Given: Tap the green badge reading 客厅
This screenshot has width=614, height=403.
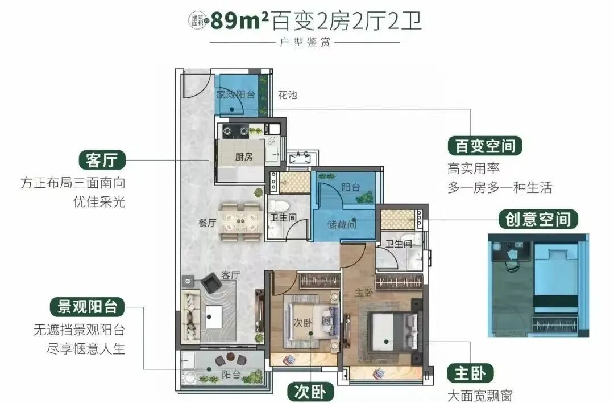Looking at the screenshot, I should tap(102, 161).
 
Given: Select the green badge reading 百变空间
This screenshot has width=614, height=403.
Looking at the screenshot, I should tap(485, 146).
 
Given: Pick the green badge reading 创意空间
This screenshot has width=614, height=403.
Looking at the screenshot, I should tap(538, 219).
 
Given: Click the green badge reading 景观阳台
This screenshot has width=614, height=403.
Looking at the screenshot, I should tap(87, 306).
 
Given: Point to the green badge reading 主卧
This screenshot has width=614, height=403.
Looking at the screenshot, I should tap(470, 373).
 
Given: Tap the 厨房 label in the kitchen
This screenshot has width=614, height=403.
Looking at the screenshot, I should tap(244, 157).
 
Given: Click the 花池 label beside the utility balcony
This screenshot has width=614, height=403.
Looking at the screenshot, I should tap(288, 95).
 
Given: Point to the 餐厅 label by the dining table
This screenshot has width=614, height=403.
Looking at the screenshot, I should tap(208, 223).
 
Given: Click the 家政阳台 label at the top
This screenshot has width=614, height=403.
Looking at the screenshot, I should tap(235, 94).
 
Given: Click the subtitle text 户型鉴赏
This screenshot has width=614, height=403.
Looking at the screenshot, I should tap(305, 43).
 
